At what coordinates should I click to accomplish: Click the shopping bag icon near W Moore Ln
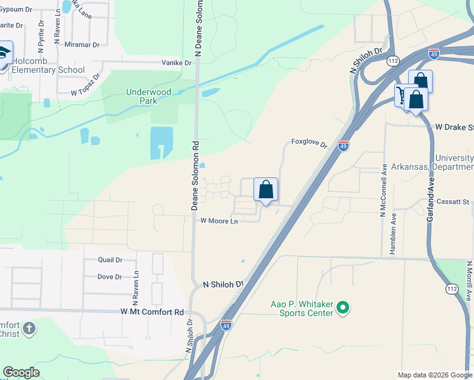click(x=266, y=189)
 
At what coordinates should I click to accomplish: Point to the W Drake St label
click(x=454, y=127)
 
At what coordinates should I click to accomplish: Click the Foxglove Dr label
click(x=309, y=143)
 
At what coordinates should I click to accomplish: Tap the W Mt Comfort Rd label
click(x=151, y=312)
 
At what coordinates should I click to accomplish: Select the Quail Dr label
click(x=110, y=260)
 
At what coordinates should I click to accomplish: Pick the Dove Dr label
click(x=110, y=277)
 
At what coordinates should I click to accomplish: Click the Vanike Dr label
click(x=176, y=63)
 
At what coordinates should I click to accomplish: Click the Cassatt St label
click(x=452, y=202)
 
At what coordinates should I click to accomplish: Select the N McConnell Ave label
click(x=383, y=191)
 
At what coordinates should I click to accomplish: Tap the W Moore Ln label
click(x=219, y=221)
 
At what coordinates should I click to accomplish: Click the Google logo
click(x=21, y=372)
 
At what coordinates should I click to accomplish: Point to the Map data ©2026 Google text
click(x=434, y=375)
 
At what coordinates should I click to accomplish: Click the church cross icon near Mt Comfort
click(x=29, y=329)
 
